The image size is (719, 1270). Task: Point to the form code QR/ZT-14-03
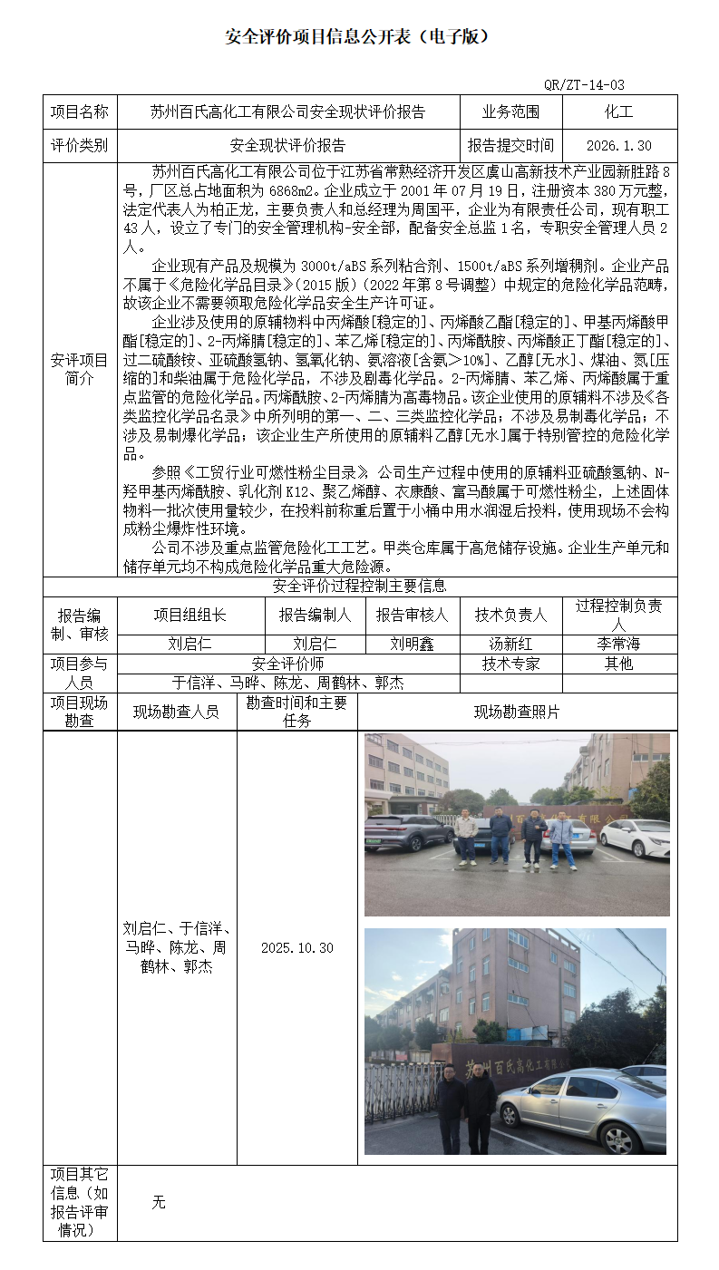(584, 85)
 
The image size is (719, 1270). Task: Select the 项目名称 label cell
(80, 112)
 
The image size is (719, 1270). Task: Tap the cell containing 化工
(619, 112)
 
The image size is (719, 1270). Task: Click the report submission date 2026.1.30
(619, 145)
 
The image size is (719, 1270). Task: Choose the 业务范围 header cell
(510, 112)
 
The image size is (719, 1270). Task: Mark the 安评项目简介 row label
(80, 369)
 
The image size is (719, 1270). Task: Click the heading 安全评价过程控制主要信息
(359, 586)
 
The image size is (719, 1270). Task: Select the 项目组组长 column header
(190, 615)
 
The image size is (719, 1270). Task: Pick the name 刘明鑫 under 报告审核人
(413, 644)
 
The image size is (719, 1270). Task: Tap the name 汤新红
(511, 644)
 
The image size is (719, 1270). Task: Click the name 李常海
(619, 644)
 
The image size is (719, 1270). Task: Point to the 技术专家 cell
(511, 664)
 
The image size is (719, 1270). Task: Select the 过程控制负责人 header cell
(619, 615)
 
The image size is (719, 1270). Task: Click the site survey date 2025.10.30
(296, 948)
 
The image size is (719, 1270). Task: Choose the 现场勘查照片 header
(517, 712)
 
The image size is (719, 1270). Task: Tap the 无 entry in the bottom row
(159, 1203)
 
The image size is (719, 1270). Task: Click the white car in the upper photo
(636, 838)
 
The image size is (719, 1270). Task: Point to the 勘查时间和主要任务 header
(296, 712)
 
